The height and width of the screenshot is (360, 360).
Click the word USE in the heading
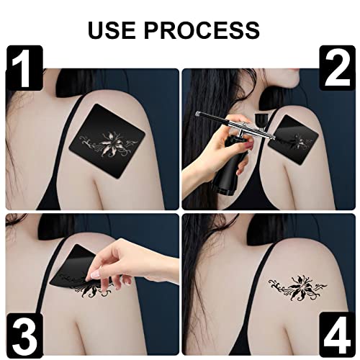point(118,30)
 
